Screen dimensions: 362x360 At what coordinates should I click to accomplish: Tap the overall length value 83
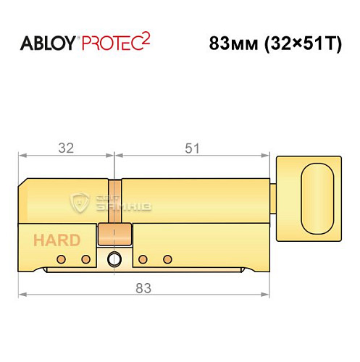click(143, 288)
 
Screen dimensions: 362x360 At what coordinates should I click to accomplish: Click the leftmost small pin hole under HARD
click(63, 259)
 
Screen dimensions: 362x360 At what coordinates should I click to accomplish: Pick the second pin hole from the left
click(85, 259)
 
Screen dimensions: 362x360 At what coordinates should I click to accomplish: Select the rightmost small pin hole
click(167, 259)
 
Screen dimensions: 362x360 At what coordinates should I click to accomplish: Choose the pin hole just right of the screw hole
click(143, 259)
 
